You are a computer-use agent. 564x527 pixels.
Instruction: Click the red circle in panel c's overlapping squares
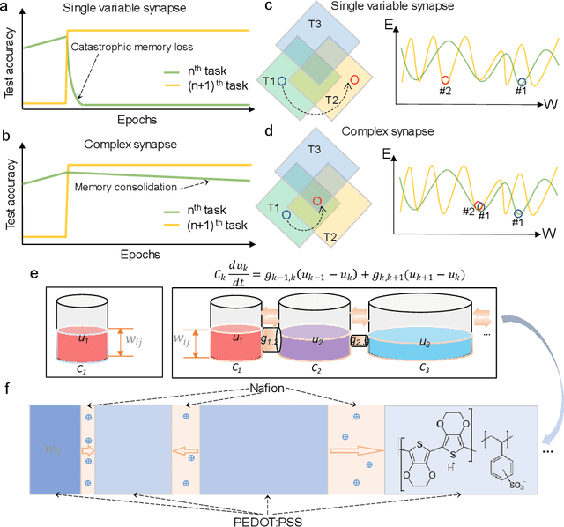coord(354,80)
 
